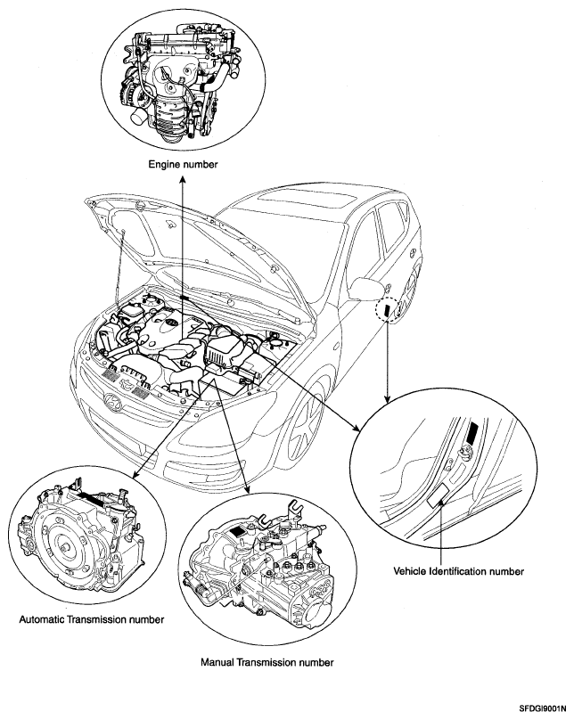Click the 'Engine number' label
pyautogui.click(x=183, y=164)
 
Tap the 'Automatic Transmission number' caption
pyautogui.click(x=92, y=619)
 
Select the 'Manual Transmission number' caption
pyautogui.click(x=266, y=662)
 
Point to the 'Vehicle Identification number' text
pyautogui.click(x=458, y=571)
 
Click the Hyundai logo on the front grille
pyautogui.click(x=112, y=400)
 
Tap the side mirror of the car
pyautogui.click(x=366, y=290)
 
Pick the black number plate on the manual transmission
pyautogui.click(x=236, y=532)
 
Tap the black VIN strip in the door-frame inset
pyautogui.click(x=472, y=433)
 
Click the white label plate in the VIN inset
pyautogui.click(x=439, y=495)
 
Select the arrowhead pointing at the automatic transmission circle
pyautogui.click(x=135, y=476)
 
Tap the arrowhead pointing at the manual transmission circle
pyautogui.click(x=249, y=489)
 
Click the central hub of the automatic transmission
pyautogui.click(x=63, y=548)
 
